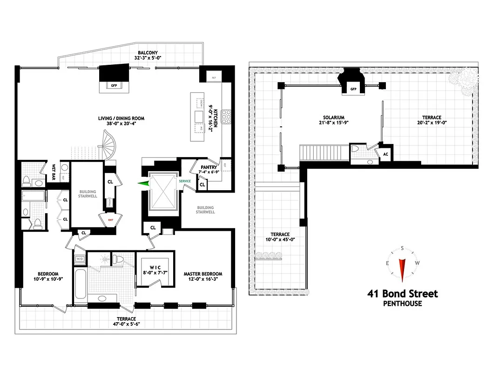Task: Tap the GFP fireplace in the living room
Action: click(x=113, y=85)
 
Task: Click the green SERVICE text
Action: click(x=185, y=181)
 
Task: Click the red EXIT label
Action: click(x=111, y=219)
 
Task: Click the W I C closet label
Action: click(x=153, y=271)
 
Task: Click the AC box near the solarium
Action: click(x=385, y=153)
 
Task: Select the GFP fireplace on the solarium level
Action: click(x=353, y=88)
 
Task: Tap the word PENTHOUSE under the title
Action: click(x=402, y=304)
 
